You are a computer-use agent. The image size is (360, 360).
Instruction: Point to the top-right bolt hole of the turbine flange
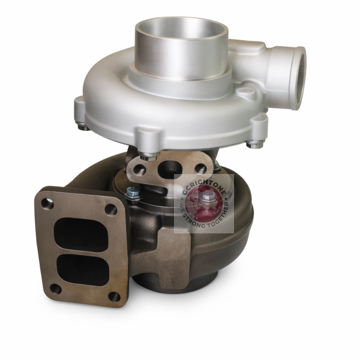coord(111,210)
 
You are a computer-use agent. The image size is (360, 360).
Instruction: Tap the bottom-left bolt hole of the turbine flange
coord(55,289)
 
